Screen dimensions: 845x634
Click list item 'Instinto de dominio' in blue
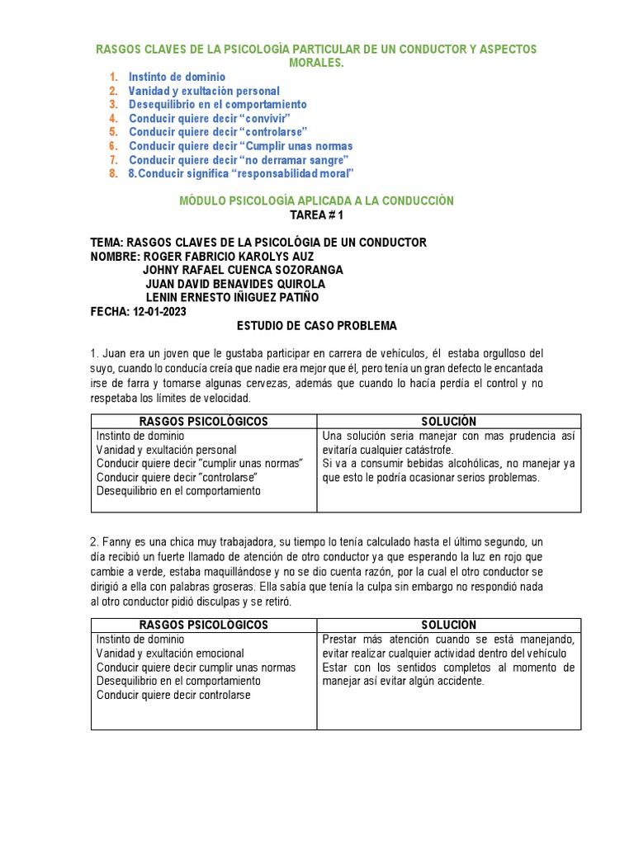pyautogui.click(x=177, y=77)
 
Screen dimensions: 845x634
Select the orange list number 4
pyautogui.click(x=113, y=118)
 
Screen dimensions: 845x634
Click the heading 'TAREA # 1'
pyautogui.click(x=316, y=215)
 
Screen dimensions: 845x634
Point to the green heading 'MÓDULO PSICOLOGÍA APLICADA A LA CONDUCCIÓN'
pyautogui.click(x=316, y=201)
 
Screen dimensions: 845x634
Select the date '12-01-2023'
pyautogui.click(x=158, y=311)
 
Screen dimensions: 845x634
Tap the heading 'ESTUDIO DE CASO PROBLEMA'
pyautogui.click(x=316, y=325)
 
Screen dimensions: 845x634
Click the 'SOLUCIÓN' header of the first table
pyautogui.click(x=447, y=422)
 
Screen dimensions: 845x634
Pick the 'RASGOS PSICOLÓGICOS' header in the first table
pyautogui.click(x=203, y=422)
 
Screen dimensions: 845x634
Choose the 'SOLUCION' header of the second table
pyautogui.click(x=448, y=625)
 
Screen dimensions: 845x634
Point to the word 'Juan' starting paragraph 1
pyautogui.click(x=117, y=353)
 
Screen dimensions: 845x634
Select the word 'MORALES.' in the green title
pyautogui.click(x=316, y=63)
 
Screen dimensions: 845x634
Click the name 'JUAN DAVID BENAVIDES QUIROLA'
pyautogui.click(x=234, y=284)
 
